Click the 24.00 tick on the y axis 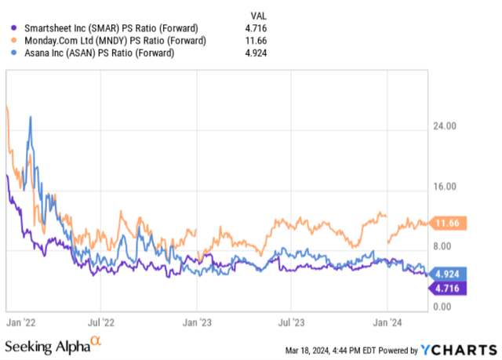pos(443,125)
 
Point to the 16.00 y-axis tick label pos(443,186)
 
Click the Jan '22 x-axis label pos(23,322)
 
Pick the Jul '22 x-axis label pos(100,322)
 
